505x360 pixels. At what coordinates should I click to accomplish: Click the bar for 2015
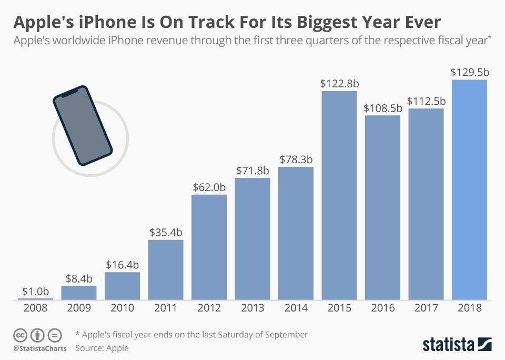click(339, 195)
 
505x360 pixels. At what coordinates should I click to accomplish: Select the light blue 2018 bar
click(469, 189)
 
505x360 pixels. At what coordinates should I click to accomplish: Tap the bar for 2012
click(209, 247)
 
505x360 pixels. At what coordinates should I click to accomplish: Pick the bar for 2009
click(79, 293)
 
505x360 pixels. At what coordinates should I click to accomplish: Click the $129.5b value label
click(469, 73)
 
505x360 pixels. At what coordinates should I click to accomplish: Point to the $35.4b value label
click(166, 232)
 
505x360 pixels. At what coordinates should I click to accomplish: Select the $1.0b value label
click(36, 291)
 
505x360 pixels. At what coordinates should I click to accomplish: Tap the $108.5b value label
click(382, 108)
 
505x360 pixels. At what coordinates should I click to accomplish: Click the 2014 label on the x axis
click(296, 308)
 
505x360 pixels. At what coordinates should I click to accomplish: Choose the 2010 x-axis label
click(122, 308)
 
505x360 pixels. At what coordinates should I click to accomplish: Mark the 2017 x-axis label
click(426, 308)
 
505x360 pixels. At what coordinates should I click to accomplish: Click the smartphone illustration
click(83, 125)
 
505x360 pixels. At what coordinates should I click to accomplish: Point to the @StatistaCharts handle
click(40, 348)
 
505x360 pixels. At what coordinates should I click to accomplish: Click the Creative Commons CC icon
click(20, 335)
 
